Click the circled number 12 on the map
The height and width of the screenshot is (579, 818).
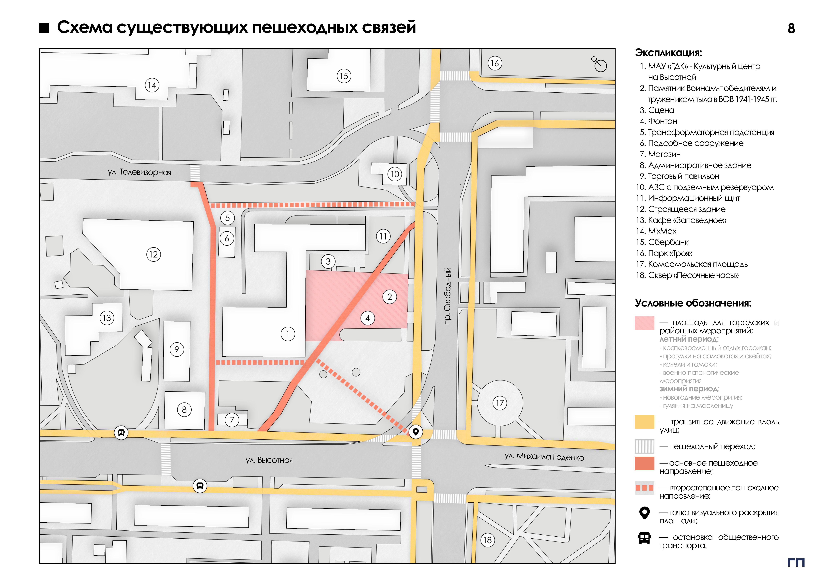154,255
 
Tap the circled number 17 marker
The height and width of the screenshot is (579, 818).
500,403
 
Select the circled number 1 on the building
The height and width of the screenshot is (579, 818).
288,334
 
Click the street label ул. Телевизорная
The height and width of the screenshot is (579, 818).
140,172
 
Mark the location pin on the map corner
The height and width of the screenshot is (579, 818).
415,432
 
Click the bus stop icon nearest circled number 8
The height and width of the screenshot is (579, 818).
121,433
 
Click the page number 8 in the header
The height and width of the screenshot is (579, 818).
791,29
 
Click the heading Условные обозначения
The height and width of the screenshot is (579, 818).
693,303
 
